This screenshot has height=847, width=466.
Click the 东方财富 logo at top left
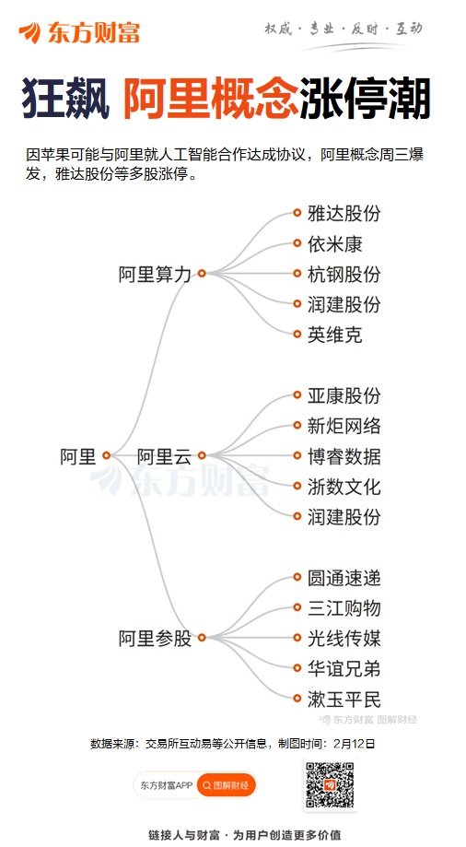coord(79,32)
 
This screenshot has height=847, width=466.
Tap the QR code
coord(330,784)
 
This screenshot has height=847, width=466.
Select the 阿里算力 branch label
coord(155,274)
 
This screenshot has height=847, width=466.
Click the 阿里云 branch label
coord(164,456)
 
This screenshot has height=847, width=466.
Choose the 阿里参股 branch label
coord(155,638)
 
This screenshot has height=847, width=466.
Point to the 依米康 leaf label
coord(335,243)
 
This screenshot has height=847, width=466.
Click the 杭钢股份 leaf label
coord(344,274)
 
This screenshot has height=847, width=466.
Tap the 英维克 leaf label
coord(335,335)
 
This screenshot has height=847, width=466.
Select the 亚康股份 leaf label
coord(344,395)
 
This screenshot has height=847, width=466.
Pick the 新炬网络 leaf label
coord(344,426)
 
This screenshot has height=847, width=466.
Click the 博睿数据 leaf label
coord(344,456)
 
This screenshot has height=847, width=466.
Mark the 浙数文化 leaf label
coord(344,486)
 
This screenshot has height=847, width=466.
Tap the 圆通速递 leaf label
coord(344,578)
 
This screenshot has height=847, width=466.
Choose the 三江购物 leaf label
coord(344,607)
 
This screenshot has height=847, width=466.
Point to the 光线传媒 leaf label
coord(344,638)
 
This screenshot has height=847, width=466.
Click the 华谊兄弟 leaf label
coord(344,668)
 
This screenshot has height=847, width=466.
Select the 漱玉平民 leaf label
coord(344,699)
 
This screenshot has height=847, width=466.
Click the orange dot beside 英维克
coord(297,334)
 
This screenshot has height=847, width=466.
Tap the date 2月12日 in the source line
coord(354,744)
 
